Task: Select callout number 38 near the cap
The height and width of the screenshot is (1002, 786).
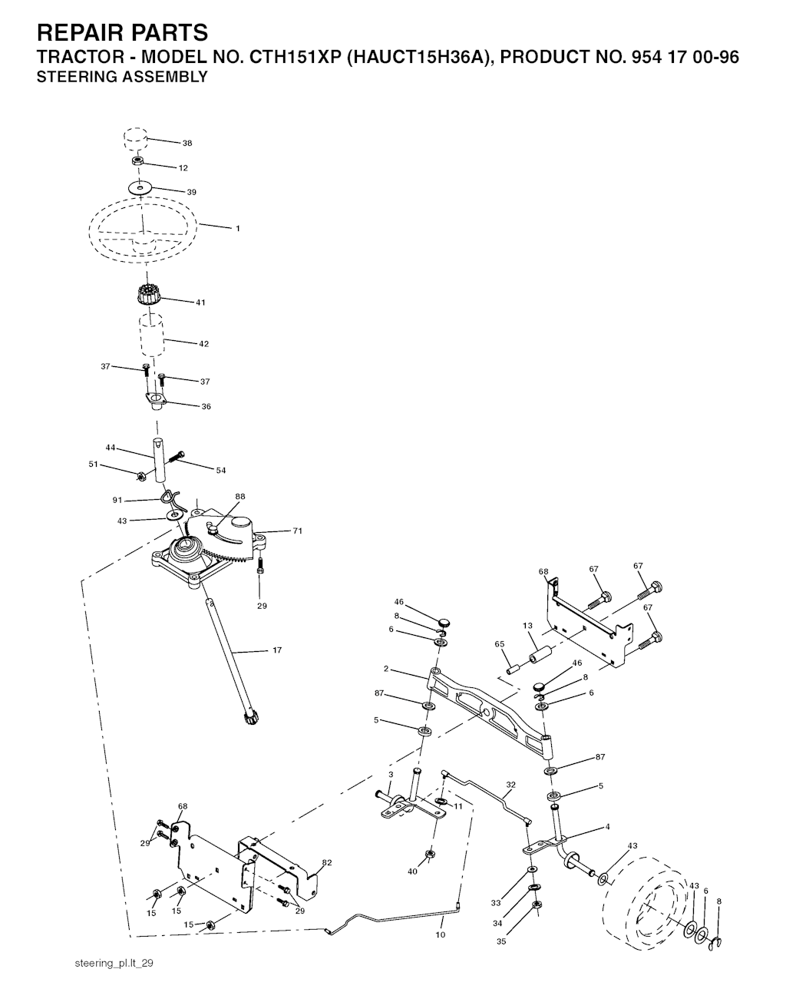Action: [187, 143]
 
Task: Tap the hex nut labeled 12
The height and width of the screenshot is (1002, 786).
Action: [137, 161]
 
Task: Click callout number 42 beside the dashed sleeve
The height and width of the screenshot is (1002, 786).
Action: [203, 343]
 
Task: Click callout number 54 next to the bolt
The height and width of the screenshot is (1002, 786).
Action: [221, 470]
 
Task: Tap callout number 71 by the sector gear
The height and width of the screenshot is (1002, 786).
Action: [298, 531]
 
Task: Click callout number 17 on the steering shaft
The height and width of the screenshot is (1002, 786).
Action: [276, 650]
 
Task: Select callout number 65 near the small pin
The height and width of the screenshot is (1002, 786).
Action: [500, 644]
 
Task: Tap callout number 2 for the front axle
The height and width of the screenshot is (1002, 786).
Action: [386, 669]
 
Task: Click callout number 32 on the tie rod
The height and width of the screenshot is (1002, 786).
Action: [510, 785]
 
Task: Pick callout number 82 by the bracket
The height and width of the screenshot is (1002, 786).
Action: [327, 862]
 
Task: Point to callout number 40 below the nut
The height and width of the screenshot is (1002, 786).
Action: [412, 871]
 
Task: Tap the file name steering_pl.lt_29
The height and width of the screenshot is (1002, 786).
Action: [114, 964]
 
